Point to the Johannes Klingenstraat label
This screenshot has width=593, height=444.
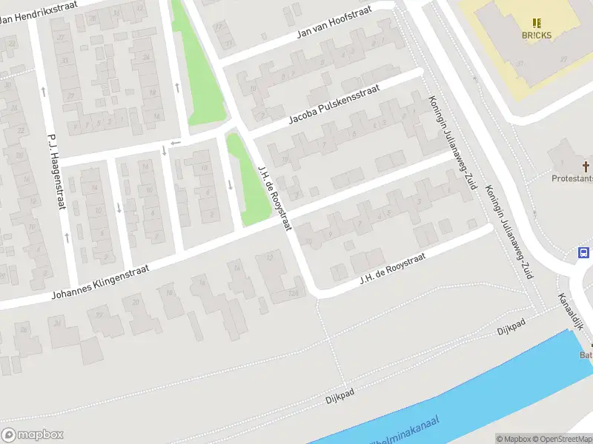100,283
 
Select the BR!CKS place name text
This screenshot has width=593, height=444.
536,36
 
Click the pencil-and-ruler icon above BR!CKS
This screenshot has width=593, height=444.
537,23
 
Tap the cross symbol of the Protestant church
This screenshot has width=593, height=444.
585,166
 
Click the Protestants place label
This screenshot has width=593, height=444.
572,178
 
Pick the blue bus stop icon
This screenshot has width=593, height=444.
584,253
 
